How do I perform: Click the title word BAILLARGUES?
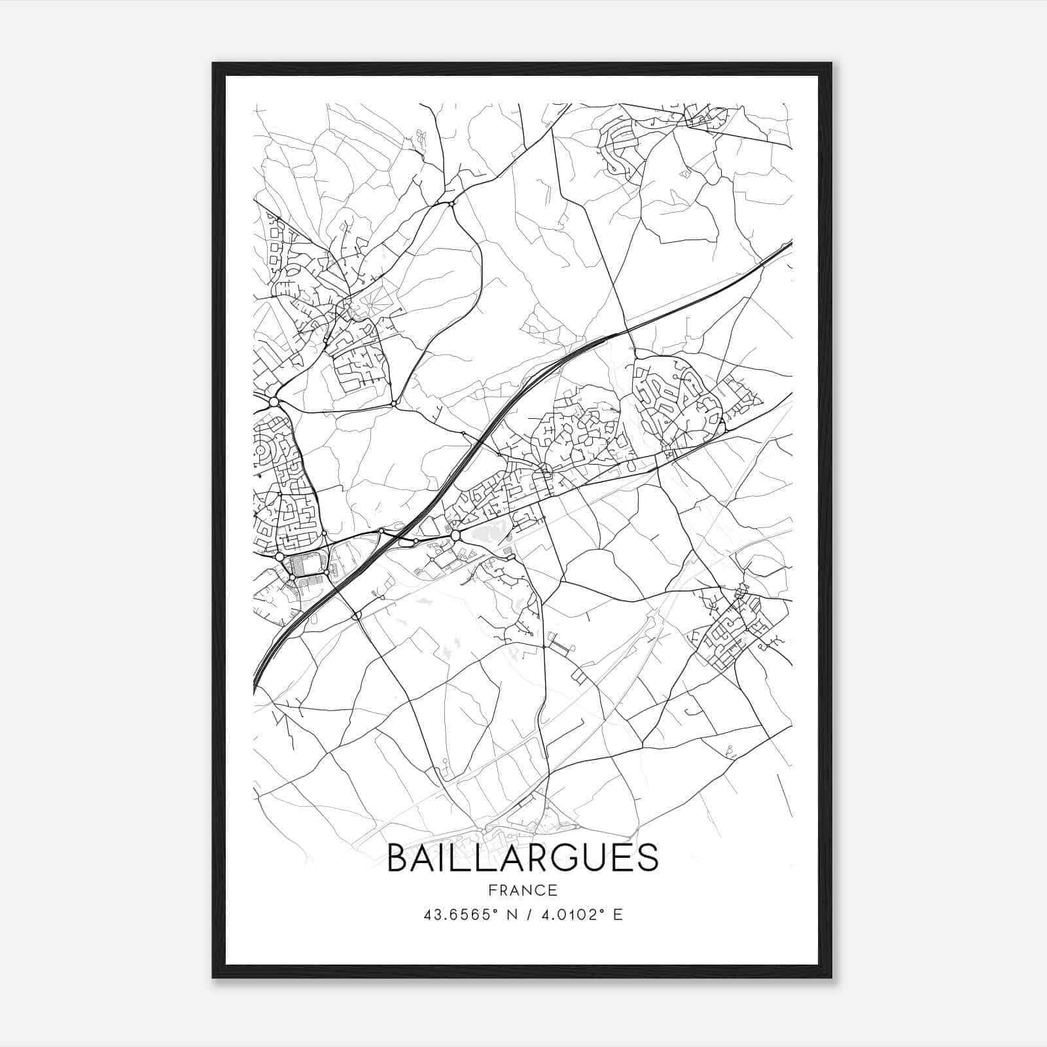pos(523,857)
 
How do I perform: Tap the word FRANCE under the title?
pos(523,890)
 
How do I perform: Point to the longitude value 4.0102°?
pos(567,915)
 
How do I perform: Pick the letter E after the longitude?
pos(618,915)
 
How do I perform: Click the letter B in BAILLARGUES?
pos(397,857)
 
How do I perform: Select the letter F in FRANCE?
pos(492,890)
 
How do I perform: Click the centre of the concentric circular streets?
pos(261,451)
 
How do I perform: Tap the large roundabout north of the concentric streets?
pos(274,401)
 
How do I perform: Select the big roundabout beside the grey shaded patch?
pos(455,536)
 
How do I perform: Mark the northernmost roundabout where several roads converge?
pos(452,205)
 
